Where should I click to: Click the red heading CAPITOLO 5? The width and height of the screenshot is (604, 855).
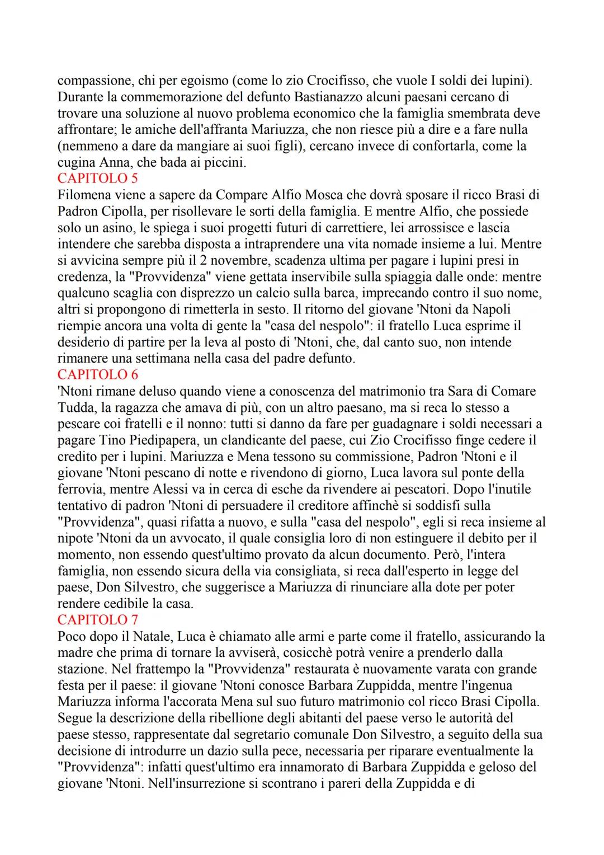tap(97, 178)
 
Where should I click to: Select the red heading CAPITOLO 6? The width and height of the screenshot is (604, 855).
tap(97, 374)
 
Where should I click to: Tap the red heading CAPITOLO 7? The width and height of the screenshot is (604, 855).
tap(97, 619)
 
